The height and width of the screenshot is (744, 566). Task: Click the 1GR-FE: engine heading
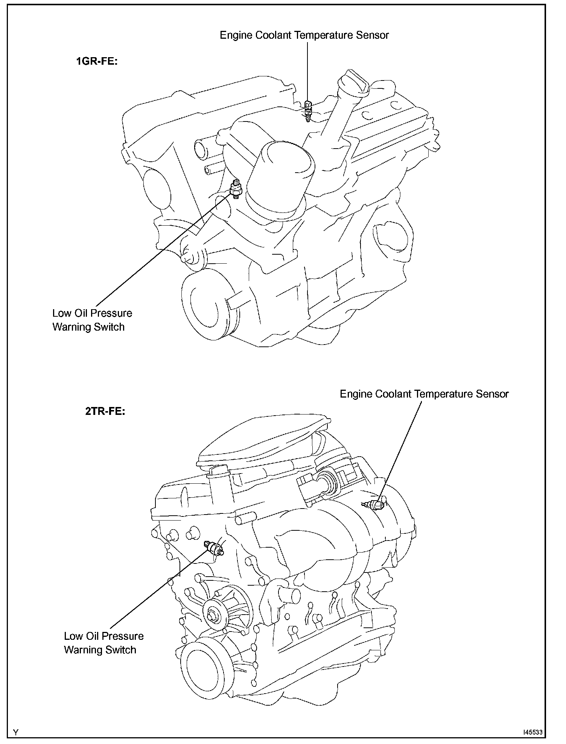click(97, 61)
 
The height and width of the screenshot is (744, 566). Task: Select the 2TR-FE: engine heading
click(105, 411)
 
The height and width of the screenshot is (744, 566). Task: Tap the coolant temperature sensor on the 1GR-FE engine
click(308, 110)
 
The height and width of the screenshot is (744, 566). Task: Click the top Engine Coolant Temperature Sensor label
click(304, 35)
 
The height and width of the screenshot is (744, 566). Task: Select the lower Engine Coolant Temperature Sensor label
click(424, 394)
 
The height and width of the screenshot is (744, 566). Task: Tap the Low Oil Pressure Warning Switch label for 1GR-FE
click(92, 320)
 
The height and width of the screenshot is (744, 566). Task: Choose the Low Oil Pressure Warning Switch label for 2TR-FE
click(103, 642)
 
